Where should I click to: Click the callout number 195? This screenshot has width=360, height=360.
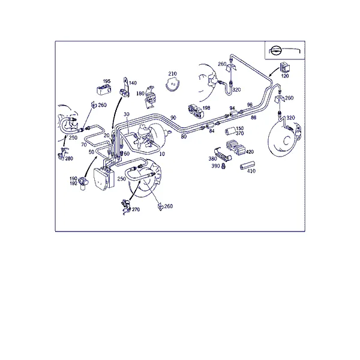coord(107,81)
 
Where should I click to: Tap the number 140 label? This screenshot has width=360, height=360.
coord(133,83)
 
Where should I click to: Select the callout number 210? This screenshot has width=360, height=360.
coord(172,74)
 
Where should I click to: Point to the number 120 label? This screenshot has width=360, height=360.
coord(285,76)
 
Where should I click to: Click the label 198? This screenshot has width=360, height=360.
coord(206,108)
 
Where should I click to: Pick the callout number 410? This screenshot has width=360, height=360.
coord(251,171)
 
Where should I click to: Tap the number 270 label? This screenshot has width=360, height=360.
coord(136,209)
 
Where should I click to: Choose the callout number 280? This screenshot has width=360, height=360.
coord(69,158)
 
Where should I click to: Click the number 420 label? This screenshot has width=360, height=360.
coord(250,152)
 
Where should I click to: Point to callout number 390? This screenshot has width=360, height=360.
coord(215,166)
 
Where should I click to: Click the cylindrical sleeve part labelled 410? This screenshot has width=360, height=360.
coord(247,165)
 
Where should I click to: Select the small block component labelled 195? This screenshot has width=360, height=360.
coord(104,89)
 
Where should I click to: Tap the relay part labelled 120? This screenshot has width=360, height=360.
coord(285,68)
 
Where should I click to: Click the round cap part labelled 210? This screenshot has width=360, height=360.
coord(173,84)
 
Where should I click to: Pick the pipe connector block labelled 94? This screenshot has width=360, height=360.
coord(234,113)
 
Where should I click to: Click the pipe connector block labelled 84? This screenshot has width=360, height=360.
coord(210,126)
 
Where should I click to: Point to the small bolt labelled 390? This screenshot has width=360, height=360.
coord(223,166)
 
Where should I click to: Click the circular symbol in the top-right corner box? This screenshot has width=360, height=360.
coord(274,50)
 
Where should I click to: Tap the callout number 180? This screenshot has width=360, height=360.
coord(140,94)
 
